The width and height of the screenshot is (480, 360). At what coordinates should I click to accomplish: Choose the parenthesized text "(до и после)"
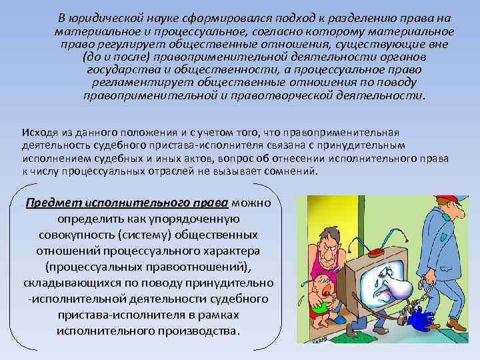pyautogui.click(x=107, y=57)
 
